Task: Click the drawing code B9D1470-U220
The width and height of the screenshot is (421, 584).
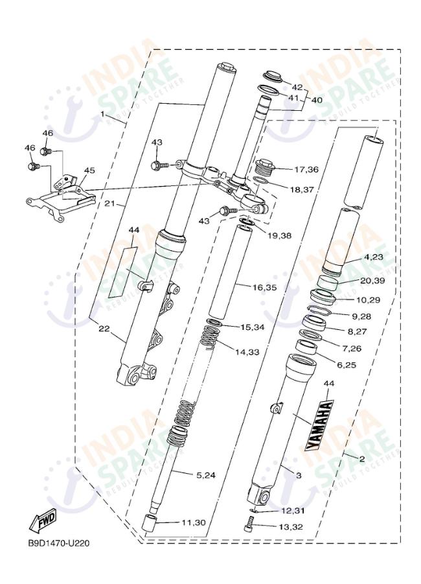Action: click(58, 543)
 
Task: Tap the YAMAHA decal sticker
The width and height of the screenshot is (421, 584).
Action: click(320, 426)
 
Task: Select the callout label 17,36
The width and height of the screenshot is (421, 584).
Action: click(306, 169)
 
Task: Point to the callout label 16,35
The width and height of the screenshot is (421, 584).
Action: click(264, 288)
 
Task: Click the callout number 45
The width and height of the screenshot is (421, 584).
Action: click(89, 170)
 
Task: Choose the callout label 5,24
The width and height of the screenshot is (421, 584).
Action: click(206, 475)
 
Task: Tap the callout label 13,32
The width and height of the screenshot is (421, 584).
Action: click(291, 527)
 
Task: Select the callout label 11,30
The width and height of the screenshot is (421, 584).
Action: click(193, 522)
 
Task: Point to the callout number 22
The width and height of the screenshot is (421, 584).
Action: click(104, 329)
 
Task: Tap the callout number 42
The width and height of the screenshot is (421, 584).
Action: click(297, 87)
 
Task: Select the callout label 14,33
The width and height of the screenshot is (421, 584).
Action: click(247, 351)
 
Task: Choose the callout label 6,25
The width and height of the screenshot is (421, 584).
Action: click(346, 365)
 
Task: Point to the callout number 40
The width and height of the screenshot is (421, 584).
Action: click(317, 100)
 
